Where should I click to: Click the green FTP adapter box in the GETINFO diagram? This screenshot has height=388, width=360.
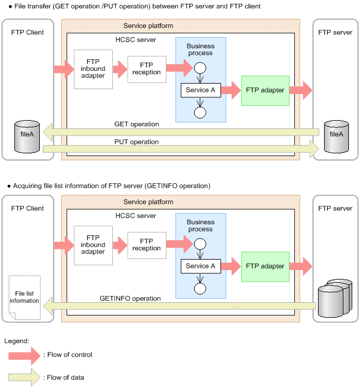[265, 266]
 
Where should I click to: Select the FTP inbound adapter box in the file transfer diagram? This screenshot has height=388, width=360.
[93, 69]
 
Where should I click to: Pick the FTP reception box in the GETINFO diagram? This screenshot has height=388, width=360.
[147, 245]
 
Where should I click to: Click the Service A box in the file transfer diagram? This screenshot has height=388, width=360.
[201, 90]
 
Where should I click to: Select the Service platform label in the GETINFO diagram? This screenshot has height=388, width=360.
[148, 202]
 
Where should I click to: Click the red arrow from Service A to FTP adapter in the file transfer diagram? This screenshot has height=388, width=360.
[231, 90]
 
